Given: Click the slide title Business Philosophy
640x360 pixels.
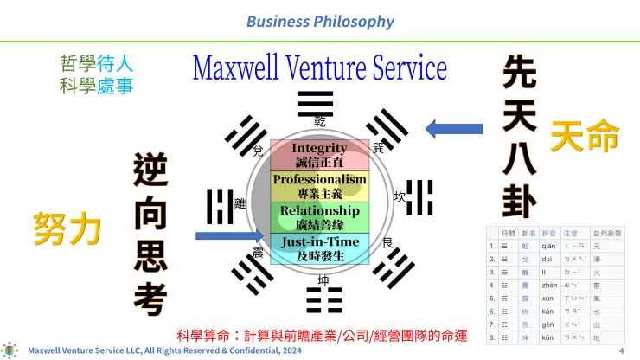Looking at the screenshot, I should click(320, 21).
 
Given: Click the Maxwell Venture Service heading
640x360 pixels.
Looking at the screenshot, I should click(319, 68).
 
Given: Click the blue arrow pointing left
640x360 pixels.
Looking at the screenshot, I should click(454, 130).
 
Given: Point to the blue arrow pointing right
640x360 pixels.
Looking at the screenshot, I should click(226, 235).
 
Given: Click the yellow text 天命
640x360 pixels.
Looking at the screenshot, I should click(585, 137).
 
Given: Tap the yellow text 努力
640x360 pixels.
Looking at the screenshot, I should click(67, 228).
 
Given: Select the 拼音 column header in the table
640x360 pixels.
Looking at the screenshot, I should click(548, 234).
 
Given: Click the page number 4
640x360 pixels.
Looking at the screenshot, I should click(621, 351).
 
